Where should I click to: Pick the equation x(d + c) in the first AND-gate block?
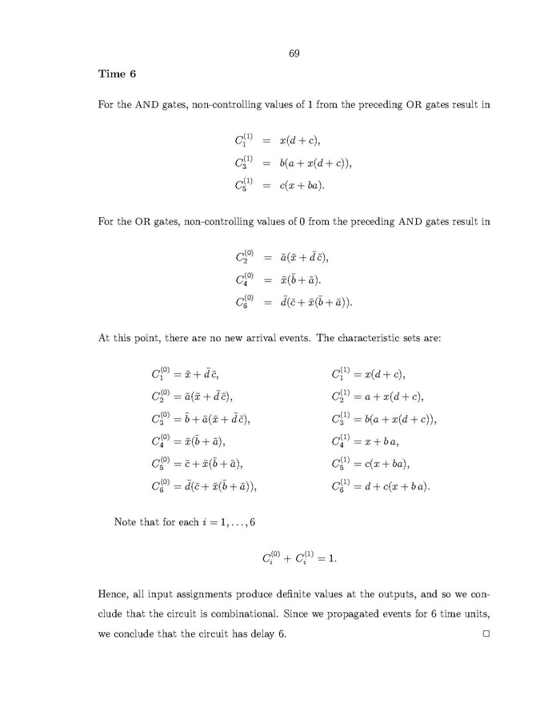pyautogui.click(x=277, y=141)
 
